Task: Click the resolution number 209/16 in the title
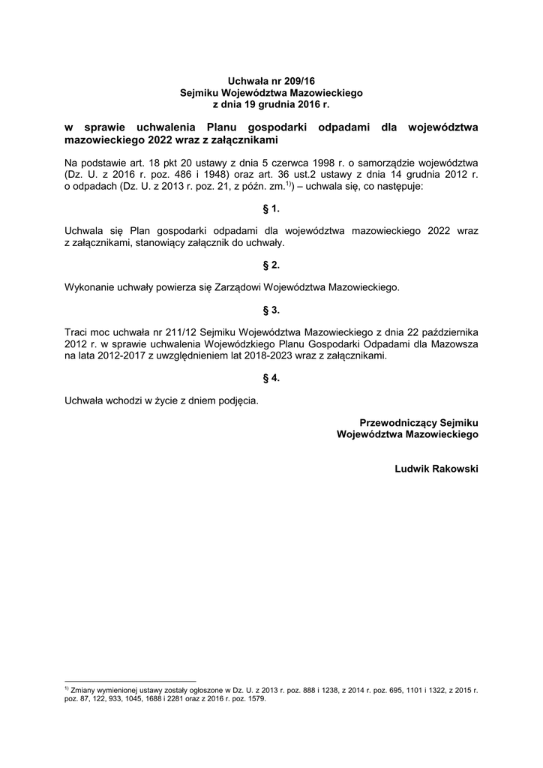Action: [298, 80]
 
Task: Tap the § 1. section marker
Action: [271, 208]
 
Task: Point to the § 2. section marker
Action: [271, 265]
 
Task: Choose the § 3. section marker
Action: [271, 310]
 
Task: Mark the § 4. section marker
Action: [271, 379]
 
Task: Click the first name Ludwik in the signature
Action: [412, 469]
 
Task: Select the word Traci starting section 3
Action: [77, 331]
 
